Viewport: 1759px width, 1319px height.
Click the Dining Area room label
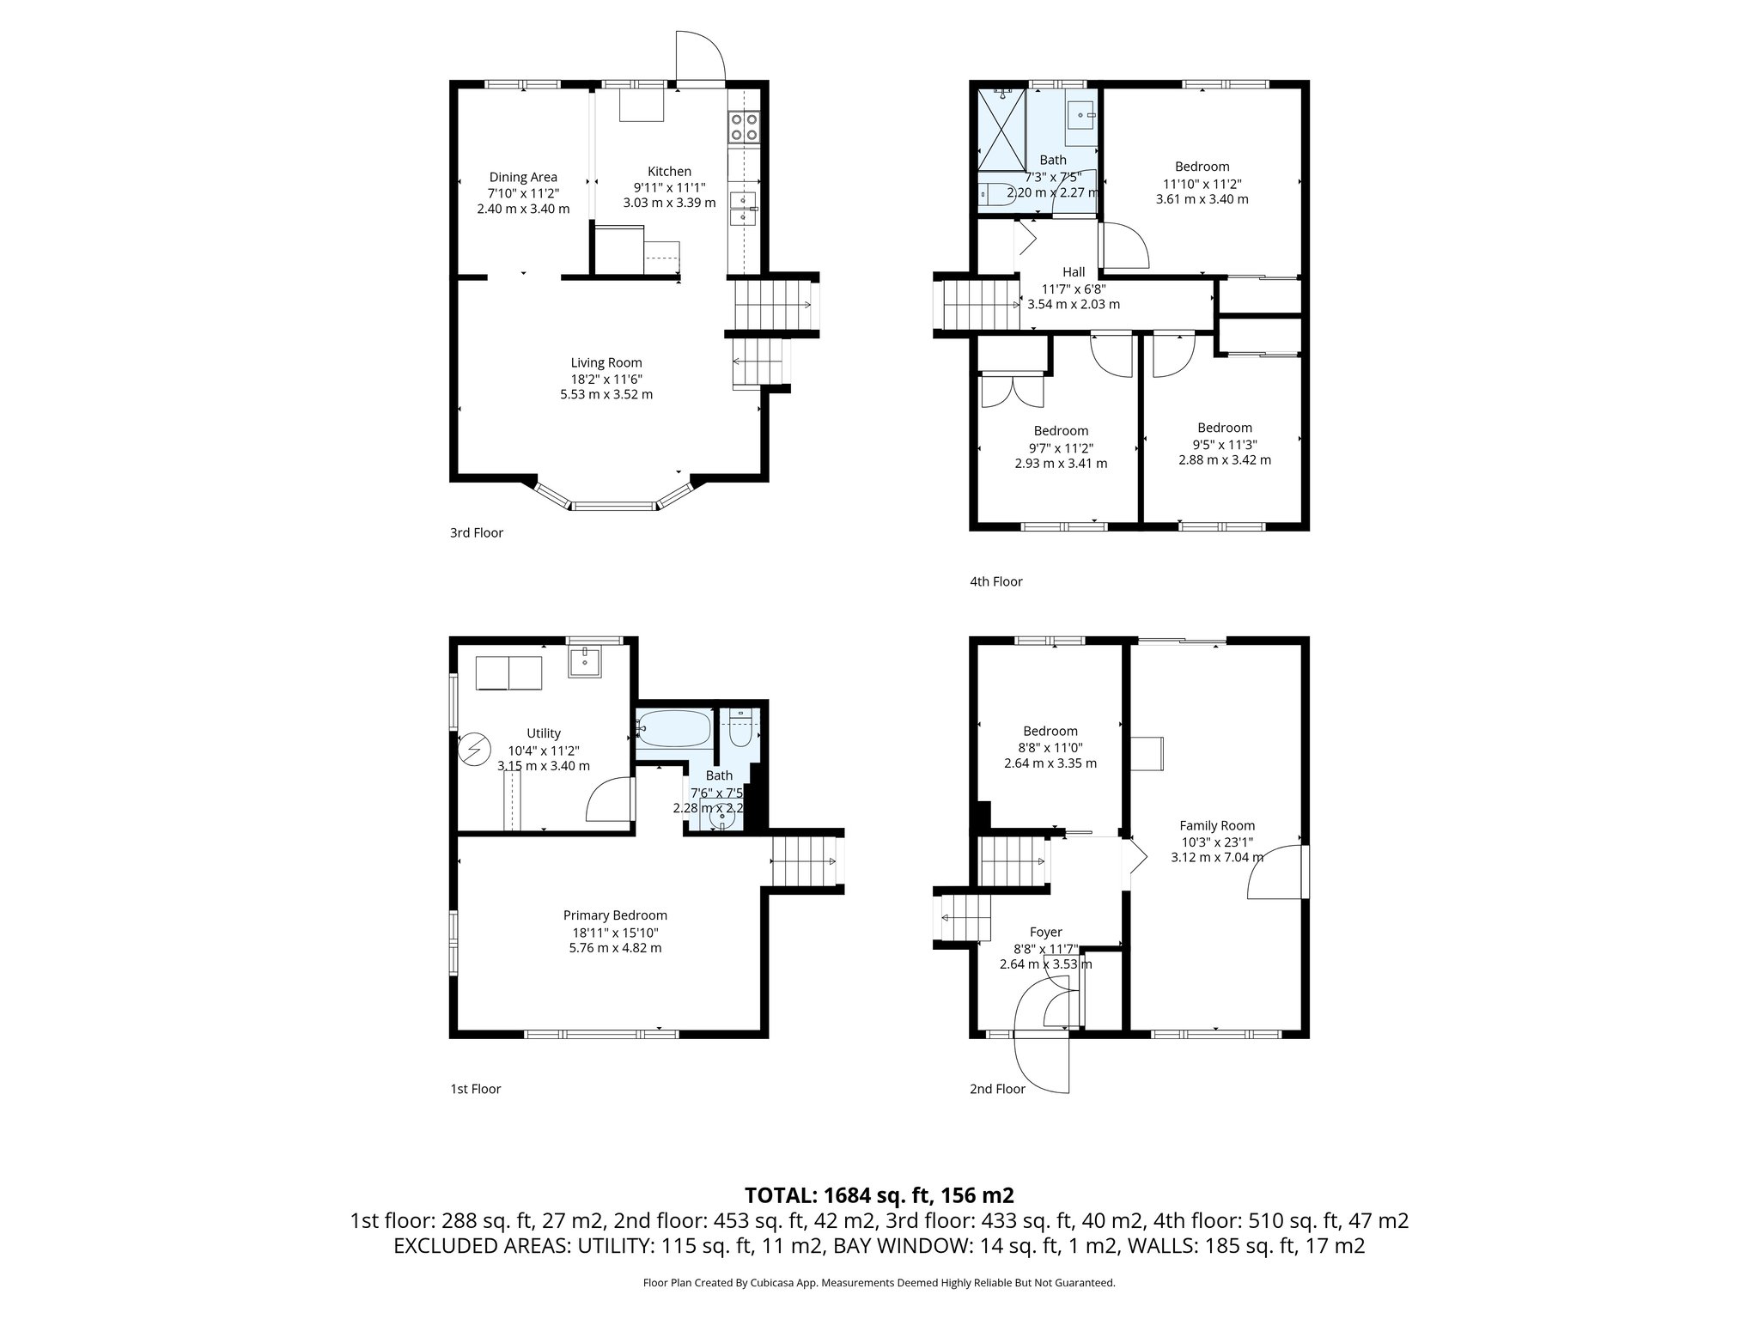(x=523, y=178)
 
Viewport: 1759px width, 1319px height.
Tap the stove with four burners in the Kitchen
(x=744, y=127)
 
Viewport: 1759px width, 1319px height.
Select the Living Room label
(x=606, y=363)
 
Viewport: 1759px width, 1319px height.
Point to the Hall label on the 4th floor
(x=1074, y=272)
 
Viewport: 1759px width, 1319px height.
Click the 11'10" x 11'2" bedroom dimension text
(x=1202, y=183)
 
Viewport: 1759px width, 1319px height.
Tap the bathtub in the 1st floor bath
(x=673, y=728)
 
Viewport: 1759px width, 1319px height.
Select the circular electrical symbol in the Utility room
(x=472, y=749)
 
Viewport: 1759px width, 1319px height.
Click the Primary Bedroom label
(x=615, y=915)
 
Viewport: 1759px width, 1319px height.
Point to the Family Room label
(x=1217, y=825)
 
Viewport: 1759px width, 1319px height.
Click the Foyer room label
(x=1045, y=932)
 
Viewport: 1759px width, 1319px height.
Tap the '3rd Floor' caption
(x=477, y=532)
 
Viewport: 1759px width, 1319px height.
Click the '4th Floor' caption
(x=996, y=581)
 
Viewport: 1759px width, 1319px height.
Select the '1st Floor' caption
(x=475, y=1089)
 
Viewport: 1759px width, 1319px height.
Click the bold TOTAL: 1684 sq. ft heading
(x=879, y=1194)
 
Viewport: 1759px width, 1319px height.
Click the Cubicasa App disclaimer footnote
(x=879, y=1283)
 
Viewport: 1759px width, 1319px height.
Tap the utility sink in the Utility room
(x=585, y=660)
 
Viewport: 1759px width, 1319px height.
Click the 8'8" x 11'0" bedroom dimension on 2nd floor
(x=1050, y=747)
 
